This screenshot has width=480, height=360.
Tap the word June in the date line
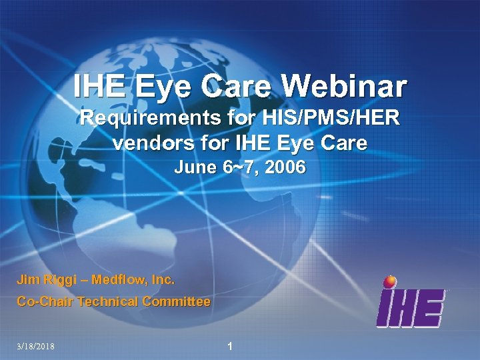point(194,168)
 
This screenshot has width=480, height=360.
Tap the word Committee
point(175,301)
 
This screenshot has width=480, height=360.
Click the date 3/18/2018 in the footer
point(36,346)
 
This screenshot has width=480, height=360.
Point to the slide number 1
point(230,346)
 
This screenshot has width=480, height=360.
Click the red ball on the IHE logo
point(390,281)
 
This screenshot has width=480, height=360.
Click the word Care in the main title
point(241,86)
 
